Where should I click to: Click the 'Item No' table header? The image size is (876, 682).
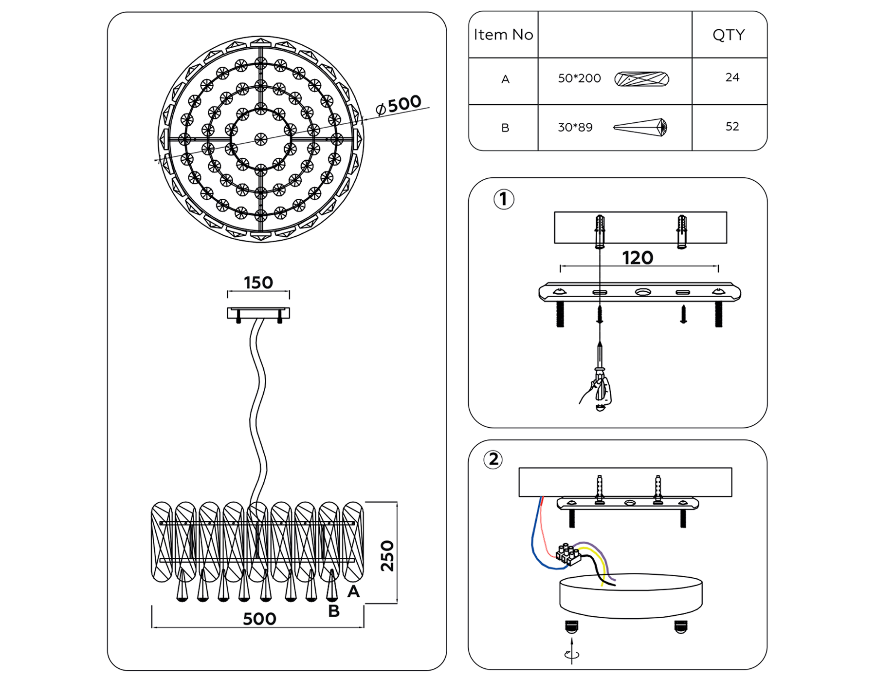point(503,35)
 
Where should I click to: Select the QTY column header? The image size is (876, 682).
point(729,35)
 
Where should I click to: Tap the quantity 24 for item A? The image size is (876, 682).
point(732,77)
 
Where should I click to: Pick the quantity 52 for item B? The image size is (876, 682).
point(732,127)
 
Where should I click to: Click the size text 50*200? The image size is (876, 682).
point(579,78)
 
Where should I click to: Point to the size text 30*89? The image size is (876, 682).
point(575,128)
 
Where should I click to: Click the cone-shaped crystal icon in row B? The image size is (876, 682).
point(640,128)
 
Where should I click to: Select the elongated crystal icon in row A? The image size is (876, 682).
point(641,79)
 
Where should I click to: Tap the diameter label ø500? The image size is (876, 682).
point(399,105)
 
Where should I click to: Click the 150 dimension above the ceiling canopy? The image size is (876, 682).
point(258,283)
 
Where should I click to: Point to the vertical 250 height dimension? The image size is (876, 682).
point(387,555)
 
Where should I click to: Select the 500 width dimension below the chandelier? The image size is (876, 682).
point(259,619)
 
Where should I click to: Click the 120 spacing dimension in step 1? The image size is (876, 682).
point(638,258)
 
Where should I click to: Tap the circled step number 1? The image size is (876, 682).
point(504,199)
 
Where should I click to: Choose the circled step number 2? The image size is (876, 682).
point(493,459)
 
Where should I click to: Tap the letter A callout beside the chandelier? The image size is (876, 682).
point(353,591)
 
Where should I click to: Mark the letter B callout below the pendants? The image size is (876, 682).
point(334,611)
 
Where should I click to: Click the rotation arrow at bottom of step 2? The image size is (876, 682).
point(571,654)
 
